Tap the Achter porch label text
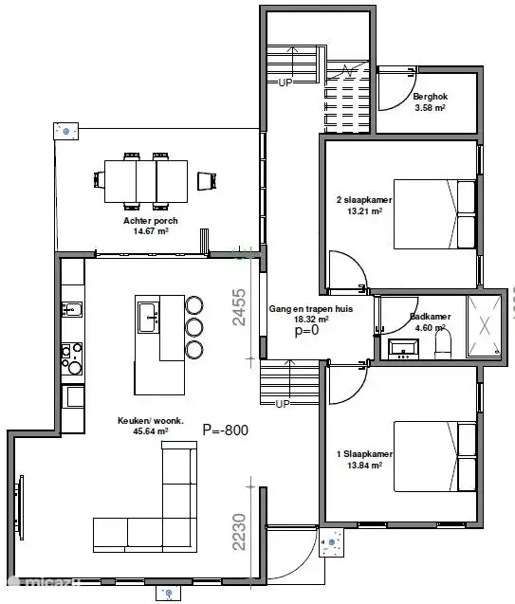pos(151,221)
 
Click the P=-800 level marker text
pos(225,430)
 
